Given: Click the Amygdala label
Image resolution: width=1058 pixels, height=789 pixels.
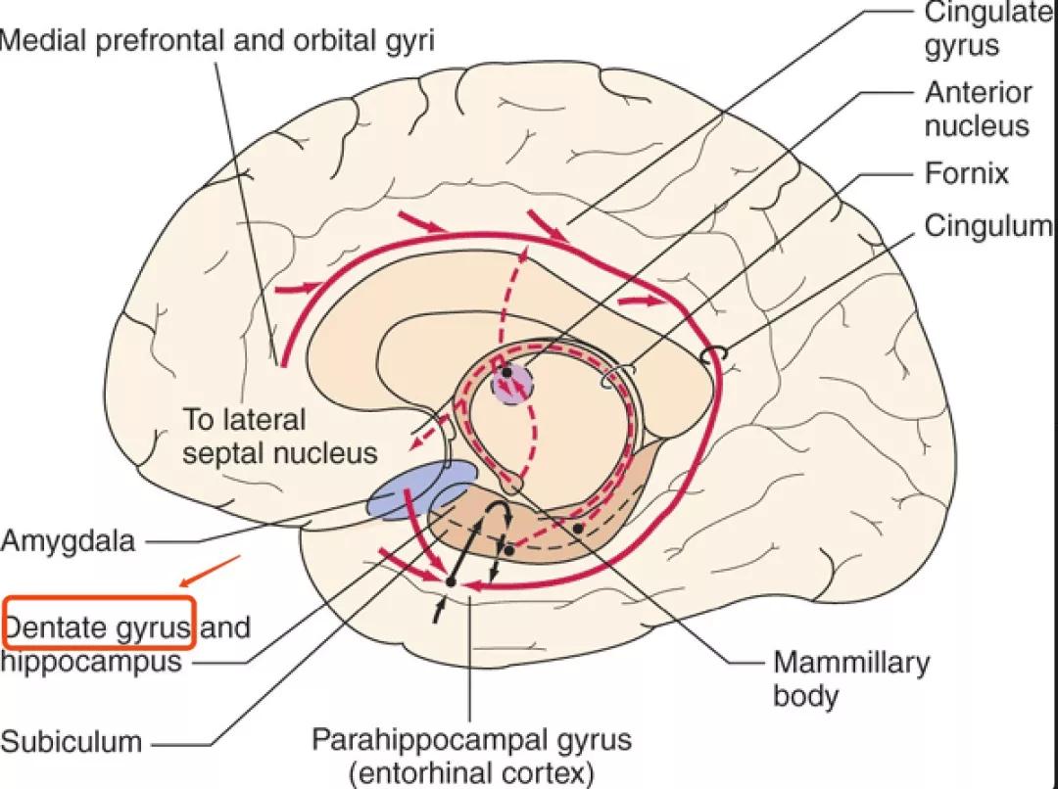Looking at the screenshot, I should [x=68, y=540].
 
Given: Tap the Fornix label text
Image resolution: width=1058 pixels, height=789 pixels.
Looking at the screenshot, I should [x=966, y=174].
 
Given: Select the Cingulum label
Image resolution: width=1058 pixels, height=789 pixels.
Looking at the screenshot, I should [x=987, y=226].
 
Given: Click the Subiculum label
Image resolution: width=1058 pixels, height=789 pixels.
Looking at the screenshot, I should [x=71, y=741].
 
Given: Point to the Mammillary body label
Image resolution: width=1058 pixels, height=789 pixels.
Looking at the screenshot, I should [x=850, y=678].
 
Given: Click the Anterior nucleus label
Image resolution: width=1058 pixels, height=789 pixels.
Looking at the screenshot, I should [x=977, y=110].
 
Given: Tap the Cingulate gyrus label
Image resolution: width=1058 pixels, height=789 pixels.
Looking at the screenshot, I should [x=974, y=28].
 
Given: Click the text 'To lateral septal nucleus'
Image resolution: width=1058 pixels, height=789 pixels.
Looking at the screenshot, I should [x=280, y=437].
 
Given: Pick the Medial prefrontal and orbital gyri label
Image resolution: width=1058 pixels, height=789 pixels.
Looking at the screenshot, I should [x=217, y=40].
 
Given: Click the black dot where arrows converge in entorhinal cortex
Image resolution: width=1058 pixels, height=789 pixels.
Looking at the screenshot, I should [x=450, y=582].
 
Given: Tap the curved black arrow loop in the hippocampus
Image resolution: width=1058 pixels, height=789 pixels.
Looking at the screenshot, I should [x=503, y=514].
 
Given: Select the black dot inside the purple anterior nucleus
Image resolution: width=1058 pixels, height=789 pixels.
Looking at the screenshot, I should [x=505, y=372].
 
